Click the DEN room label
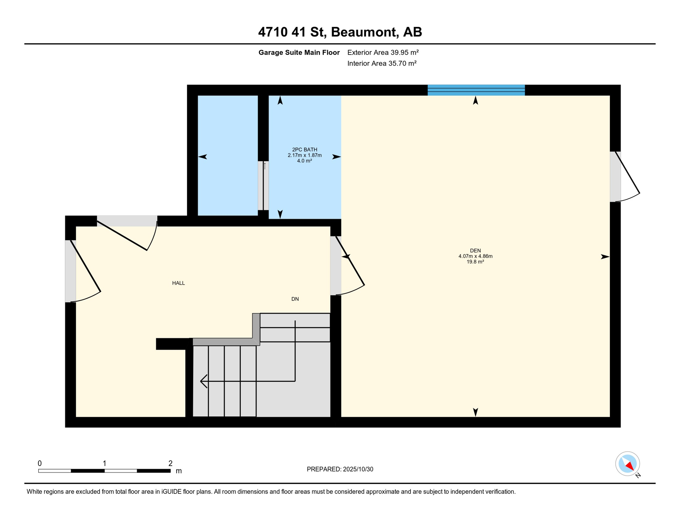click(x=475, y=251)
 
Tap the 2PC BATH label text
click(x=304, y=150)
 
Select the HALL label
click(x=178, y=283)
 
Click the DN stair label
click(x=295, y=299)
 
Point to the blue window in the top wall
click(x=476, y=90)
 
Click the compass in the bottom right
click(x=627, y=464)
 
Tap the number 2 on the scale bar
click(x=170, y=463)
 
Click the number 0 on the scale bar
click(x=40, y=463)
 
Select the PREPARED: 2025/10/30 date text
click(x=340, y=469)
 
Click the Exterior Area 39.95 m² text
click(x=383, y=52)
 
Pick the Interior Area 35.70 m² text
click(x=382, y=63)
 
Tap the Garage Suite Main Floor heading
click(x=299, y=52)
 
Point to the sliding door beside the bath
click(x=263, y=185)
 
